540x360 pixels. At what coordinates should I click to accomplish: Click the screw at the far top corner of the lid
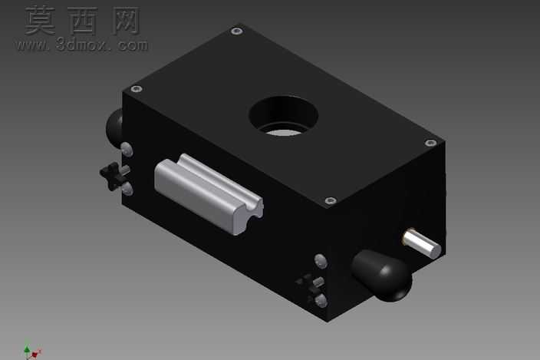[x=236, y=31]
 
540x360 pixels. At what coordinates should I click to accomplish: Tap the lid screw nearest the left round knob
[x=137, y=89]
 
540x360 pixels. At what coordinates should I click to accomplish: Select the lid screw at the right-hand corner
[x=430, y=142]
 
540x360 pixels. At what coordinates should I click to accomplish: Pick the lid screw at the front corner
[x=331, y=200]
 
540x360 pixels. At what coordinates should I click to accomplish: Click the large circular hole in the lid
[x=283, y=116]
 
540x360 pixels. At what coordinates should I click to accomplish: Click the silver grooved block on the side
[x=209, y=194]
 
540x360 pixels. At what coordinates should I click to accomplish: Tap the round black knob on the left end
[x=114, y=127]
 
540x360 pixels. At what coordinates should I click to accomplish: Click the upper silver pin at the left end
[x=127, y=150]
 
